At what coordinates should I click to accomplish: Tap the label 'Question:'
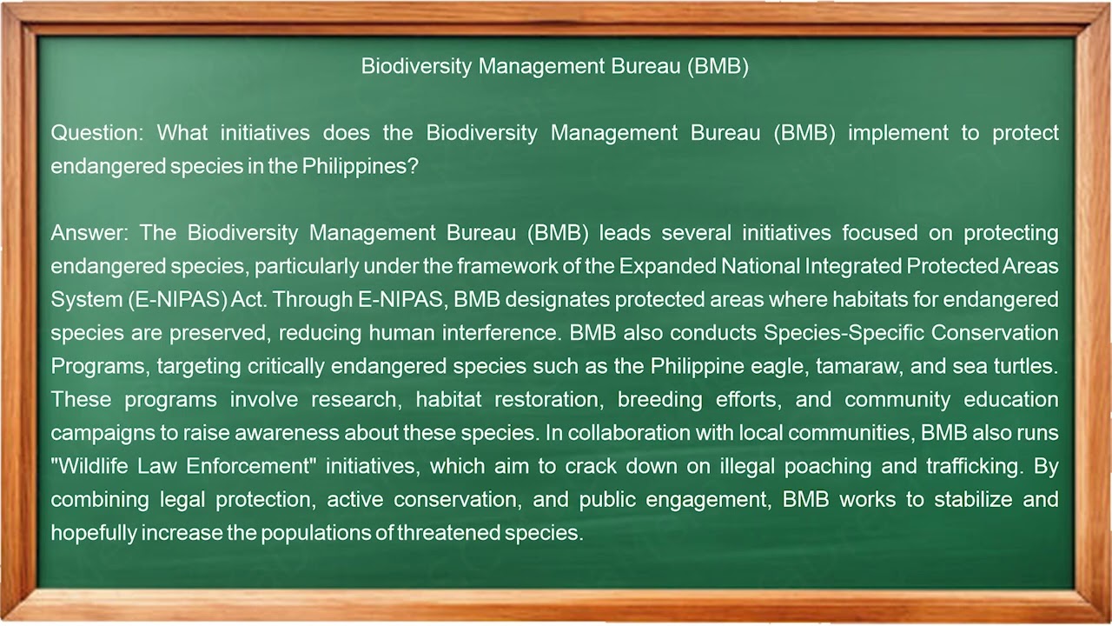point(97,133)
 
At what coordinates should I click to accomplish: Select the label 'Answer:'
point(89,233)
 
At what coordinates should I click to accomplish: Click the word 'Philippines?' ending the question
point(361,166)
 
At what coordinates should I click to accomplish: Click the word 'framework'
point(503,266)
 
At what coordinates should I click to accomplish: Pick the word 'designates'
point(557,299)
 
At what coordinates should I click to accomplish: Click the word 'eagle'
point(781,366)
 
